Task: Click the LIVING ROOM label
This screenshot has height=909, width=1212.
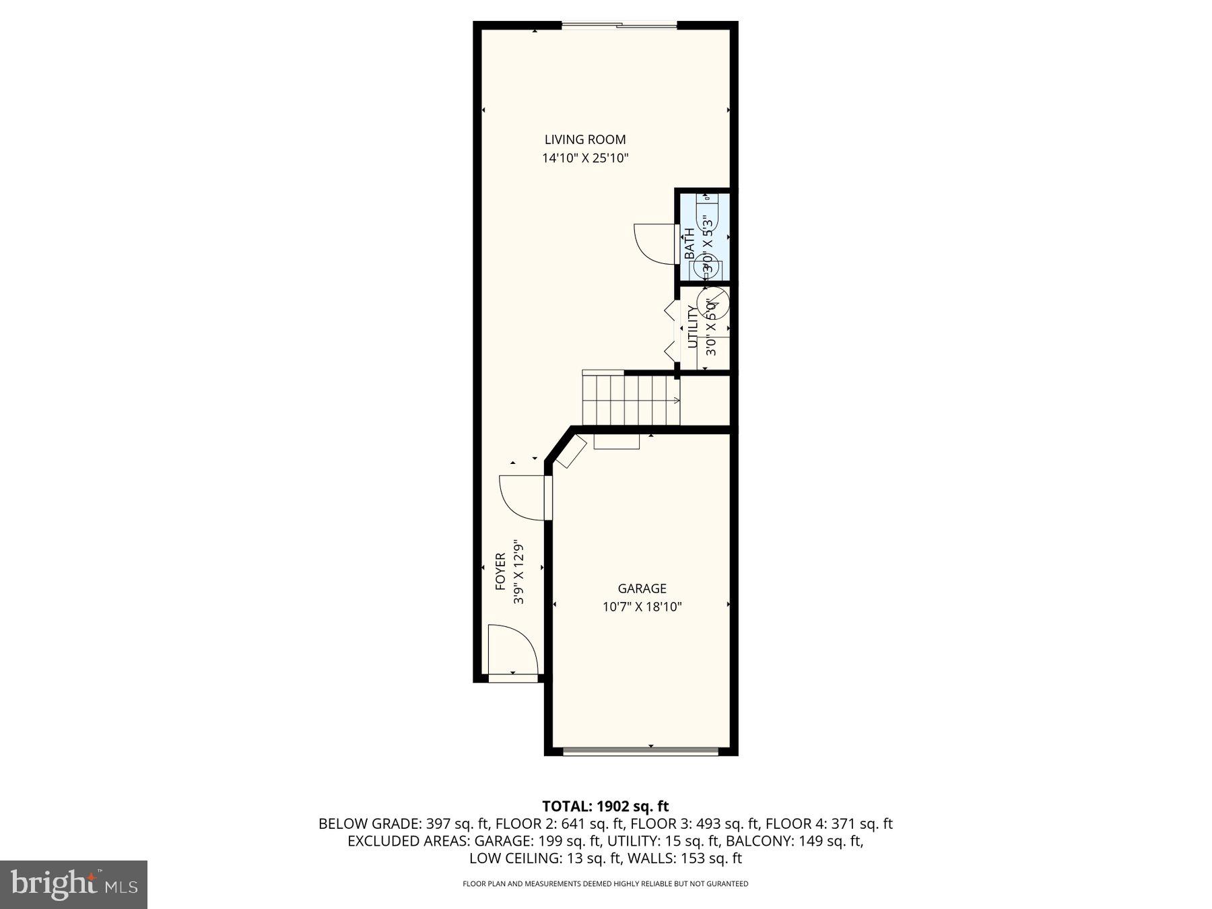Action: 584,139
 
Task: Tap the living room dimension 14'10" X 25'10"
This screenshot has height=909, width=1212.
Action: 584,159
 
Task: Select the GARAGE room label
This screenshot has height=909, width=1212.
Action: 642,588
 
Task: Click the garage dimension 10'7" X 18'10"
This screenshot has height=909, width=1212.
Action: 642,607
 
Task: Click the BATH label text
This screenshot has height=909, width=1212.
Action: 689,244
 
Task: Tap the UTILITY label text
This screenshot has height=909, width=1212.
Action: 692,327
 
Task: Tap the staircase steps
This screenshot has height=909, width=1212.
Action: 630,401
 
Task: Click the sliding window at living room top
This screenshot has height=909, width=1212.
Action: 619,26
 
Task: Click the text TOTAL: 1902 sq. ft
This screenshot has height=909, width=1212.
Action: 605,806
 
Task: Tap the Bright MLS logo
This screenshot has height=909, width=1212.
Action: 73,884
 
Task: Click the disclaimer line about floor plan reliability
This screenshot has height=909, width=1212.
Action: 605,883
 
